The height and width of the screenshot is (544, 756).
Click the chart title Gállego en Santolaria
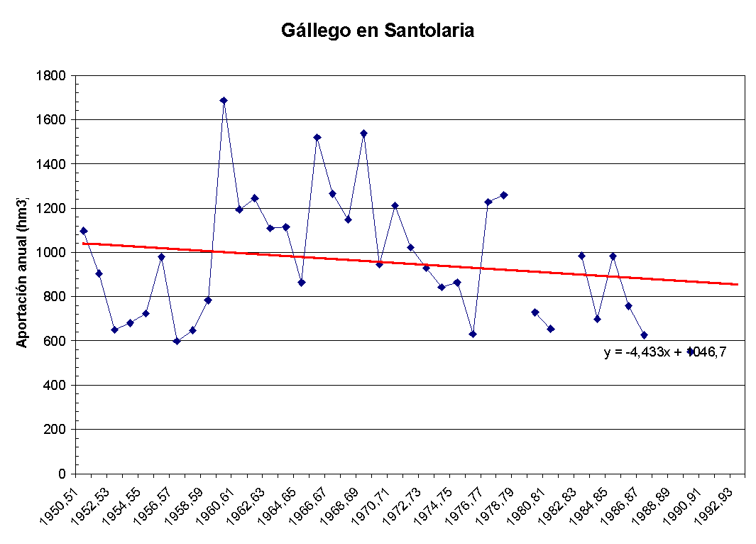377,31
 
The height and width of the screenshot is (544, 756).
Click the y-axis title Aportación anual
22,271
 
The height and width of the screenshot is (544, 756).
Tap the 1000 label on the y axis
53,253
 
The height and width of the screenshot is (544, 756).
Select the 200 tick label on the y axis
57,430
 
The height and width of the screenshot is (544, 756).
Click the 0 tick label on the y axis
62,474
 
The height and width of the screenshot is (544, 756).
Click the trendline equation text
664,352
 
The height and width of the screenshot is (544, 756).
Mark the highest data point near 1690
224,101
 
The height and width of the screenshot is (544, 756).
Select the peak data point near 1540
363,133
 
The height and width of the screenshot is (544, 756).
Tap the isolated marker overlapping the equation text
690,351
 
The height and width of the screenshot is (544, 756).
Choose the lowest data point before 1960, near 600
177,341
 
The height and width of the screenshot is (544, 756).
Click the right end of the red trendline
737,284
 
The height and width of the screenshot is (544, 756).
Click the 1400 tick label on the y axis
53,164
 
